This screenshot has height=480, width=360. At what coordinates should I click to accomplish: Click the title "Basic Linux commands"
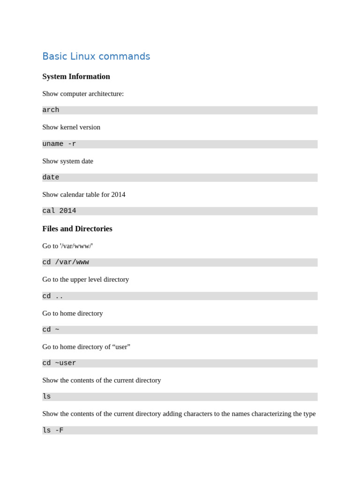point(96,56)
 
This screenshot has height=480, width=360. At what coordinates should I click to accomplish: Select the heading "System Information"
point(76,76)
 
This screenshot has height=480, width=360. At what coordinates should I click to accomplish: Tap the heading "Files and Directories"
point(77,229)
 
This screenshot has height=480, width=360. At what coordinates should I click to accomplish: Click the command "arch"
point(51,110)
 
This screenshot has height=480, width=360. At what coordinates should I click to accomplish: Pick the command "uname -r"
point(59,144)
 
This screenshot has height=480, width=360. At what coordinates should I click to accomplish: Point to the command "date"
point(51,178)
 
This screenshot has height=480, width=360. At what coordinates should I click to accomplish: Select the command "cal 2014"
point(59,211)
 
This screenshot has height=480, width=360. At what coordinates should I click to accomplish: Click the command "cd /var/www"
point(66,262)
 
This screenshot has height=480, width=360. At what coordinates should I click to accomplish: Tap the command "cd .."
point(52,296)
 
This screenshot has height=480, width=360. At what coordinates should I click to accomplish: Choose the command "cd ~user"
point(59,363)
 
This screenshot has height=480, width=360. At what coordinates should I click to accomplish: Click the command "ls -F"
point(52,430)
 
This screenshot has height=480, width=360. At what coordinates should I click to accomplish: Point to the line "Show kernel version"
point(71,127)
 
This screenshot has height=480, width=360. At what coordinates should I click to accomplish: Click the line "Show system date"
point(67,161)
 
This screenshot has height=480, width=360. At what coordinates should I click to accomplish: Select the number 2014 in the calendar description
point(118,195)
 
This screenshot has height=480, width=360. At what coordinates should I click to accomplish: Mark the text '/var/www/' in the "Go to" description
point(76,246)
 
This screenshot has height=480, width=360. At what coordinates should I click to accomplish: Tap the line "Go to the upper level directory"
point(85,279)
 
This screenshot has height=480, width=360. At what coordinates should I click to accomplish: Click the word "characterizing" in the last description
point(273,414)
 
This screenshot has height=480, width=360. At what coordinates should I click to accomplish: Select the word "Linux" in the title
point(82,56)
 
